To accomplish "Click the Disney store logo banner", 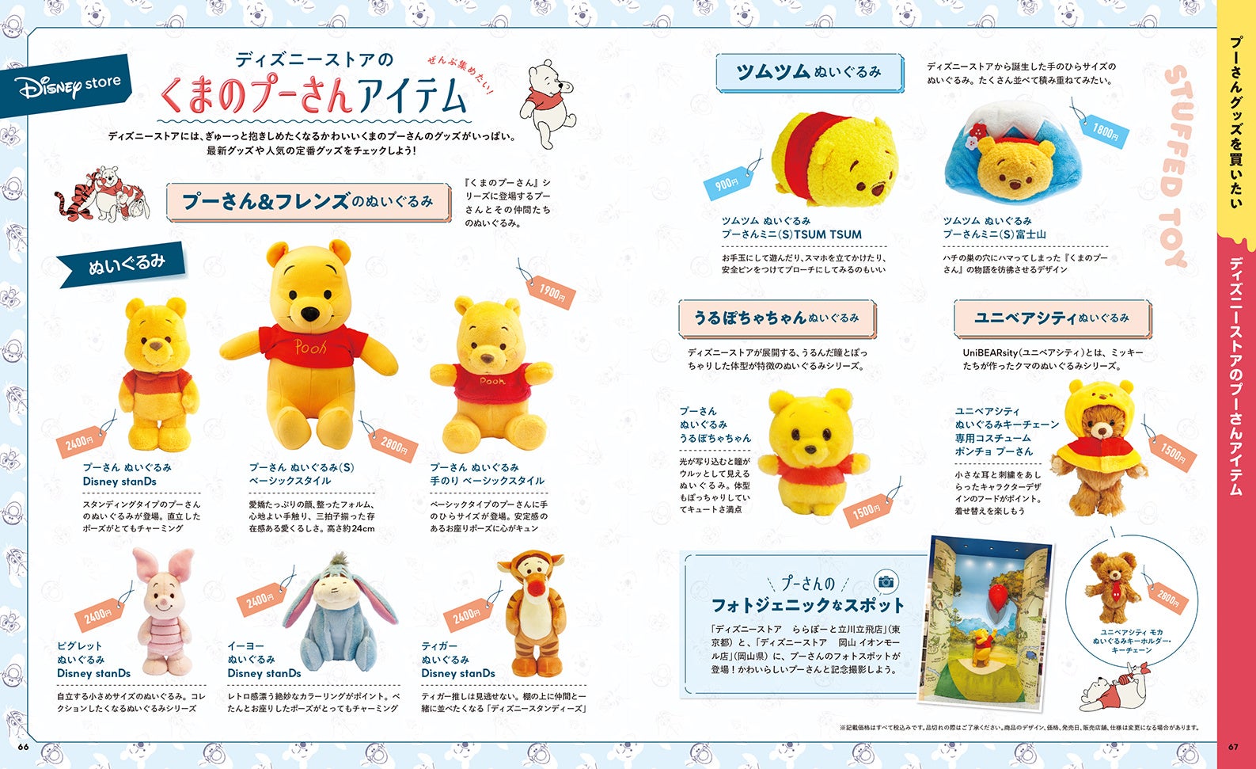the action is (66, 86).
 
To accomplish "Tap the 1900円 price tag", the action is (552, 291).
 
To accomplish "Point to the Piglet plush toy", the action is (164, 611).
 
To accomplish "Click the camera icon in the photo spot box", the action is (886, 581).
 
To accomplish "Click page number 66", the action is (23, 747).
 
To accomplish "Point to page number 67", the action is (1233, 747).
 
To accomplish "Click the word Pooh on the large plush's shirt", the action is (310, 348).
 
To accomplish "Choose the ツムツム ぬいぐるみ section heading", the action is (810, 72).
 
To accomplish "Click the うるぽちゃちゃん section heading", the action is (777, 318).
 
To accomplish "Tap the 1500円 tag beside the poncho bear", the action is (1172, 453).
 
